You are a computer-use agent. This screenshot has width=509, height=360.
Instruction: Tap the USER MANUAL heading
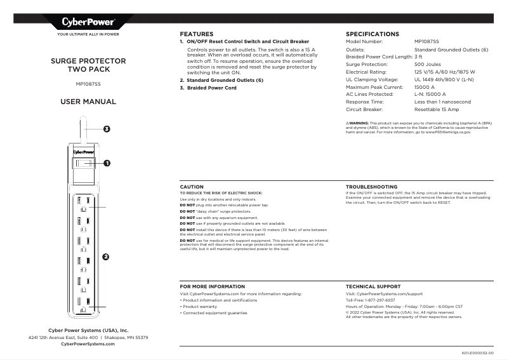[88, 102]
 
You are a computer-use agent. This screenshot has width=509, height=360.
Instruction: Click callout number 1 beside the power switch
[107, 163]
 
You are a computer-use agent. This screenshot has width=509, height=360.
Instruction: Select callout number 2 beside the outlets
[105, 257]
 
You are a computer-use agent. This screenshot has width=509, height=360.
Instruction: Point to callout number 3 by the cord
[106, 130]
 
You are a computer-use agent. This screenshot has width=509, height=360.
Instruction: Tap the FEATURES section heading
[196, 34]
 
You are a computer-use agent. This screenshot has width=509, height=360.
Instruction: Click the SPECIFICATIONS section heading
[372, 34]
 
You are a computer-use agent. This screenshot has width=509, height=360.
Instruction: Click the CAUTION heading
[192, 187]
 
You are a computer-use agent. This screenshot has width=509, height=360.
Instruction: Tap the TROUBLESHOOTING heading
[371, 187]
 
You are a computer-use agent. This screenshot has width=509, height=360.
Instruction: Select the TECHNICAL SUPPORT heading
[373, 286]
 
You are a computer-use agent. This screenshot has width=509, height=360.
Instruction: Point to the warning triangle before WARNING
[348, 123]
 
